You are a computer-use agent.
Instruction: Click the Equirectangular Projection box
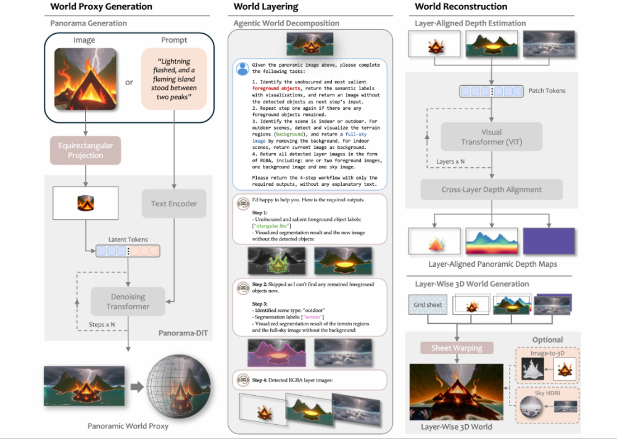86,151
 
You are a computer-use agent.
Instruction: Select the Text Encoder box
174,203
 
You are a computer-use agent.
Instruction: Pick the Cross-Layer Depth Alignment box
491,190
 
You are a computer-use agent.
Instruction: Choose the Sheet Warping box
457,348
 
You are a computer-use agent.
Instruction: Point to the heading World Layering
266,7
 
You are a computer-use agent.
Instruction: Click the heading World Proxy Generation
101,7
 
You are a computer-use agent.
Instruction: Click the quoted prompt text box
174,78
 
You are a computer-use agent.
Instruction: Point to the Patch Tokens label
547,91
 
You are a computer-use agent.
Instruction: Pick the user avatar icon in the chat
243,69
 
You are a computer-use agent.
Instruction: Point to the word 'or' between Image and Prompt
129,82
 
